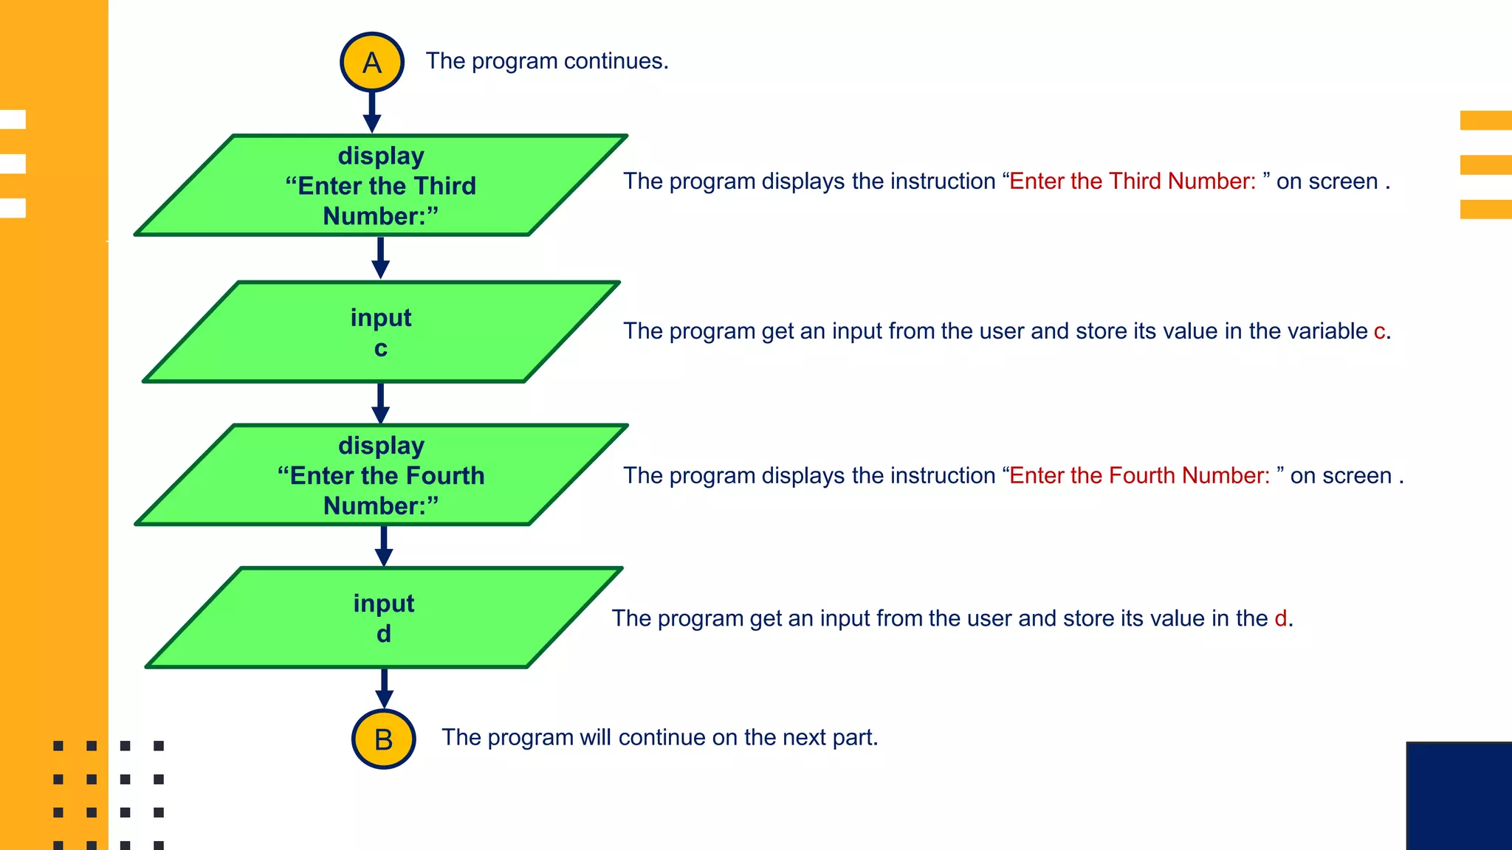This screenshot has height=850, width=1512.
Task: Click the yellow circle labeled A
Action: pos(371,62)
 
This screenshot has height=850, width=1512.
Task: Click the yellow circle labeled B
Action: pos(383,739)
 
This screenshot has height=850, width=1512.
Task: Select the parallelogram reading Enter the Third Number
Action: pos(381,186)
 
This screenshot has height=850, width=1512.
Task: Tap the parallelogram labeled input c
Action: pos(381,332)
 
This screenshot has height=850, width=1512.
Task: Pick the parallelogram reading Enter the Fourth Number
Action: pos(381,475)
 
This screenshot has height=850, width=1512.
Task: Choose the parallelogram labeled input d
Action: pos(384,618)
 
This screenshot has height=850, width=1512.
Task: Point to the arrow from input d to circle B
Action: pos(384,688)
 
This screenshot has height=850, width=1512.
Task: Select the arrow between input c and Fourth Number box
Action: pos(381,403)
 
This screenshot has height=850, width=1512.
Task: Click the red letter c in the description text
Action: pos(1378,331)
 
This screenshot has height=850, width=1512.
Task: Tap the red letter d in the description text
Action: pos(1281,618)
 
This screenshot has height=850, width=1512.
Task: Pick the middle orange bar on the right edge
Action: pos(1485,165)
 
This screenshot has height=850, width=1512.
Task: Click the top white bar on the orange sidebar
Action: pos(13,120)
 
